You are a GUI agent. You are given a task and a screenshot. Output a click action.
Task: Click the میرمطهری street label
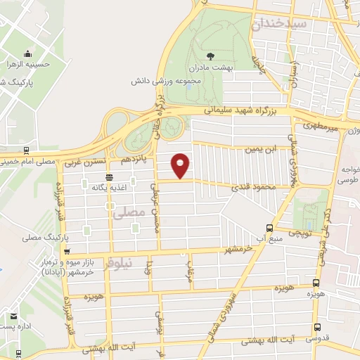(321, 127)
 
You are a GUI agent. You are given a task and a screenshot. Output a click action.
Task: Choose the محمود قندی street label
(253, 186)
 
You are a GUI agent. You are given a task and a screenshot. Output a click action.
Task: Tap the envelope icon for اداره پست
(13, 316)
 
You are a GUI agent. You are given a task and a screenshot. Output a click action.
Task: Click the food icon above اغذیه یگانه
(109, 178)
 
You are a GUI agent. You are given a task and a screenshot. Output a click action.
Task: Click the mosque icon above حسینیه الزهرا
(27, 54)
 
